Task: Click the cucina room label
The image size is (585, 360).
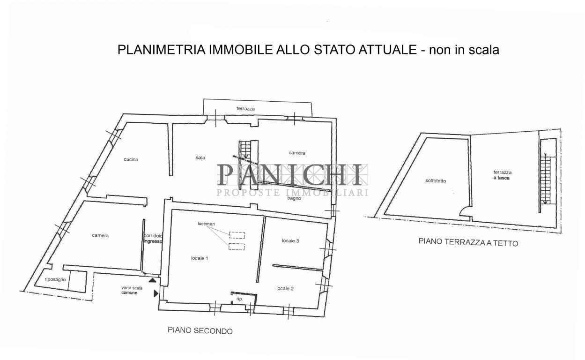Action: click(131, 159)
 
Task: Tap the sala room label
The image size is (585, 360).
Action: click(200, 157)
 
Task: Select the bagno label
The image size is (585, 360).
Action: click(294, 198)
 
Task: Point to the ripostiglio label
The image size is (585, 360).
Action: click(55, 279)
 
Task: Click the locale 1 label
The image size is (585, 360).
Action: click(200, 258)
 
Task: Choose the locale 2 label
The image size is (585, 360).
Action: click(285, 288)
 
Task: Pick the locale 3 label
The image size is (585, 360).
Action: click(290, 241)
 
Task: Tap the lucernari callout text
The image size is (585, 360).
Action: click(206, 224)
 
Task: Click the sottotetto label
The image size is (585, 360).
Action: click(436, 180)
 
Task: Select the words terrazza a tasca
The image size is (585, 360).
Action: click(502, 175)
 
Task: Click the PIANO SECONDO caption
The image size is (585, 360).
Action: click(200, 330)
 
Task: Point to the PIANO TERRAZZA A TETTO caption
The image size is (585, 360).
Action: click(468, 242)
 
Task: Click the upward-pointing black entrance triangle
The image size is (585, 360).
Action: click(153, 280)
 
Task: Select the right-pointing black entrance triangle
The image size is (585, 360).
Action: click(156, 293)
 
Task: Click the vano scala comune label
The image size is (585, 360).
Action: click(132, 290)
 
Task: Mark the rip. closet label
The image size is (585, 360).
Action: click(239, 299)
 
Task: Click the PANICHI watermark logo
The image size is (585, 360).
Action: click(292, 180)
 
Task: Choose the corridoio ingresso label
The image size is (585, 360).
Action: click(153, 239)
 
